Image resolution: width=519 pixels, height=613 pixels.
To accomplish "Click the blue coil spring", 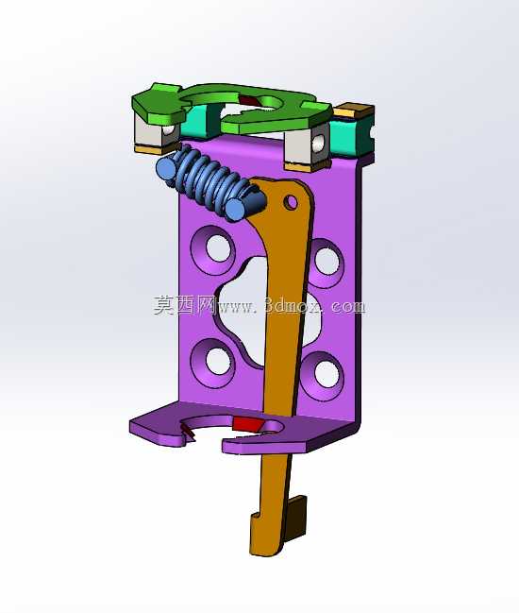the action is tap(211, 182).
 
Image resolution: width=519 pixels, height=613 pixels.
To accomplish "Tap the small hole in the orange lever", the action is tap(291, 202).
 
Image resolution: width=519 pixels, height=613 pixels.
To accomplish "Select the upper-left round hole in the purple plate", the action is tap(218, 247).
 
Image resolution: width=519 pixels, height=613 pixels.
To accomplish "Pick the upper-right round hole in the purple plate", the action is tap(326, 261).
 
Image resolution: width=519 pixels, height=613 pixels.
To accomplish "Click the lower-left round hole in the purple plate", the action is tap(218, 362).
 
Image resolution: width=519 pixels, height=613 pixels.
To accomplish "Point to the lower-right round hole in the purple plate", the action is tap(326, 375).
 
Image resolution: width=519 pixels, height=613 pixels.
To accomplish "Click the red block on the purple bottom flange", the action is tap(247, 424).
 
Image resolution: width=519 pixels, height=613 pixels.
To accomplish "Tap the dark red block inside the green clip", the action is tap(250, 101).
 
